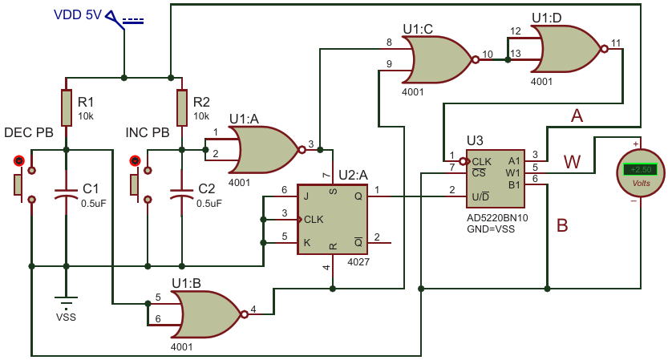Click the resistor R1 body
[x=66, y=107]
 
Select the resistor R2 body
[x=182, y=107]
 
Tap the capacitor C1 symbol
[x=66, y=193]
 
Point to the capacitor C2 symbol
[x=182, y=193]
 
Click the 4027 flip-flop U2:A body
[x=332, y=220]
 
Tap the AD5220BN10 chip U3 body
[x=496, y=179]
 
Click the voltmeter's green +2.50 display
[x=641, y=169]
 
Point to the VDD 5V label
[x=78, y=15]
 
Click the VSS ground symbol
[x=66, y=301]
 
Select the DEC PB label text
[x=29, y=132]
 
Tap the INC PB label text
[x=148, y=132]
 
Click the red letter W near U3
[x=572, y=162]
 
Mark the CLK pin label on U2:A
[x=314, y=220]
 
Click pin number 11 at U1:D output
[x=616, y=43]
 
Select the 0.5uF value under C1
[x=93, y=204]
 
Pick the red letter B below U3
[x=562, y=225]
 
